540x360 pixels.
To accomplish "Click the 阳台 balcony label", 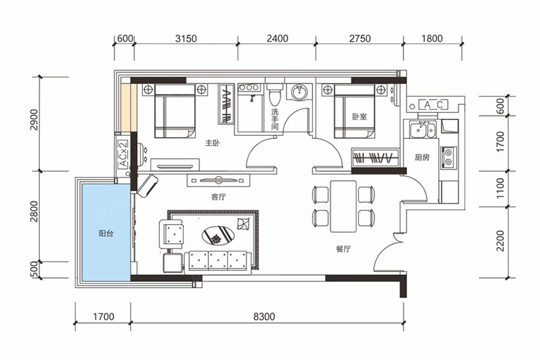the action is tap(105, 234).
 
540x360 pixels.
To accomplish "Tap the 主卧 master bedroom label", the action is tap(212, 142).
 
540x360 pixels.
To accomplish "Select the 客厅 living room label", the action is tap(219, 197).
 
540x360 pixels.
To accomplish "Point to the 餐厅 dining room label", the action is tap(343, 248).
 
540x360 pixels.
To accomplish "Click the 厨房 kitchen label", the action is tap(422, 157).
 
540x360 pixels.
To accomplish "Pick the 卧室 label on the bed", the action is tap(360, 117).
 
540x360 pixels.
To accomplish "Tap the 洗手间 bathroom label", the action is tap(274, 119).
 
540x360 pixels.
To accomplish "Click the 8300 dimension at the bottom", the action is tap(264, 316).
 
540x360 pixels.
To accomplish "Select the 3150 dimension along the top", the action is tap(186, 38).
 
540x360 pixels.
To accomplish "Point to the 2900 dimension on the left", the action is tap(34, 119).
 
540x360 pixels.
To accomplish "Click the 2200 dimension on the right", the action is tap(500, 241).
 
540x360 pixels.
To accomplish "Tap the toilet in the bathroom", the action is tap(275, 94).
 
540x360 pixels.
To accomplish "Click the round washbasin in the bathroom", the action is tap(299, 92).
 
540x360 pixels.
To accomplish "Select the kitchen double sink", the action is tap(423, 129).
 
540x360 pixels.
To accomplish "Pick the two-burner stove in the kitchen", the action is tap(449, 157).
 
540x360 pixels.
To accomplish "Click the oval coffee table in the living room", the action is tap(218, 236).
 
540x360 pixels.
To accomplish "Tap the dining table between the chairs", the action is tap(343, 206).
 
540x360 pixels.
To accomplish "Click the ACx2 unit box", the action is tap(123, 154).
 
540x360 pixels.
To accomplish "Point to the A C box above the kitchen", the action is tap(433, 105).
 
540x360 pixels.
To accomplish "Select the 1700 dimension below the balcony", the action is tap(104, 316).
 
